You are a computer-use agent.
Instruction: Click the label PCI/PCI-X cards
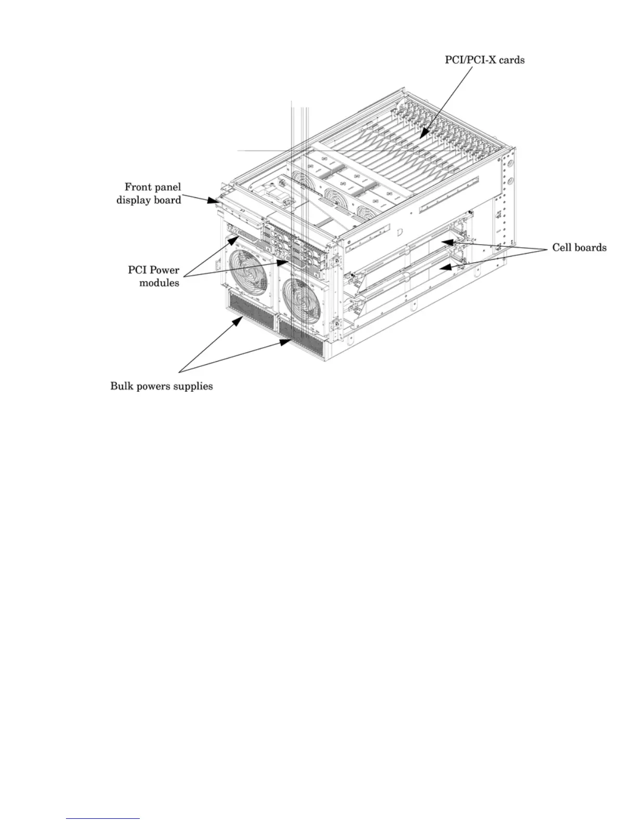point(484,60)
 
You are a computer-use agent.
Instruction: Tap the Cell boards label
point(579,247)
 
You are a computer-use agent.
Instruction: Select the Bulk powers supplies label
point(161,386)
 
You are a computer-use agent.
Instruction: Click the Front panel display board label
point(149,193)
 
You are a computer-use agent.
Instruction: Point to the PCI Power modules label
point(154,276)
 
